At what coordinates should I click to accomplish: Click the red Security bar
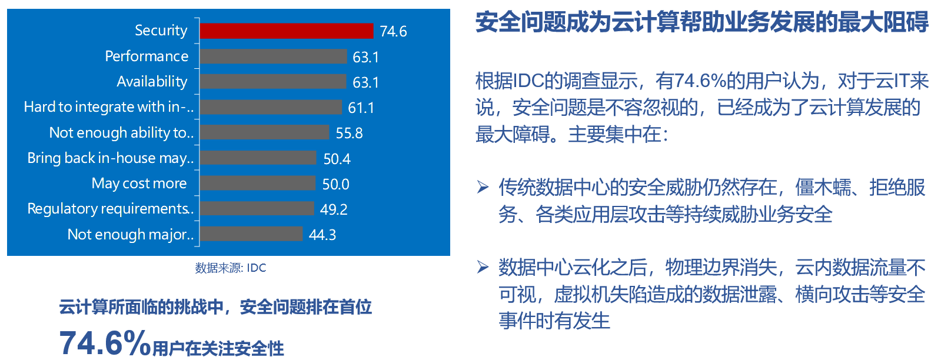coord(287,31)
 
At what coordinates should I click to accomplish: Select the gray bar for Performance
coord(274,56)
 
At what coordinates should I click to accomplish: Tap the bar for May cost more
coord(258,183)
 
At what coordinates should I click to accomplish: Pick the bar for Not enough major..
coord(251,234)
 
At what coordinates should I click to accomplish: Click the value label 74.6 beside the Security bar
coord(393,32)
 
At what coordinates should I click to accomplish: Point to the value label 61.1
coord(361,108)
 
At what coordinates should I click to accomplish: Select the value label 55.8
coord(349,133)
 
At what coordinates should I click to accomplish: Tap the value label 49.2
coord(334,209)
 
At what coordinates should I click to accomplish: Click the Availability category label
coord(152,82)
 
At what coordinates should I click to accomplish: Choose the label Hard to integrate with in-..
coord(109,107)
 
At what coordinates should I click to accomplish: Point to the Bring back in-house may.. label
coord(111,158)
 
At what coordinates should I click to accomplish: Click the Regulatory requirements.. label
coord(111,209)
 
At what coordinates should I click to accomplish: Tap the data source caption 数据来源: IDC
coord(231,268)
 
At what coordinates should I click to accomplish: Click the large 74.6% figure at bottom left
coord(105,343)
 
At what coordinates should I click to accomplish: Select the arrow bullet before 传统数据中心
coord(483,187)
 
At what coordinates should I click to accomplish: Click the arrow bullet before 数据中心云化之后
coord(483,267)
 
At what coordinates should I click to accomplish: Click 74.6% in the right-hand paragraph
coord(701,81)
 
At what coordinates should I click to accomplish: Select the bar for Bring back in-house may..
coord(258,158)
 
